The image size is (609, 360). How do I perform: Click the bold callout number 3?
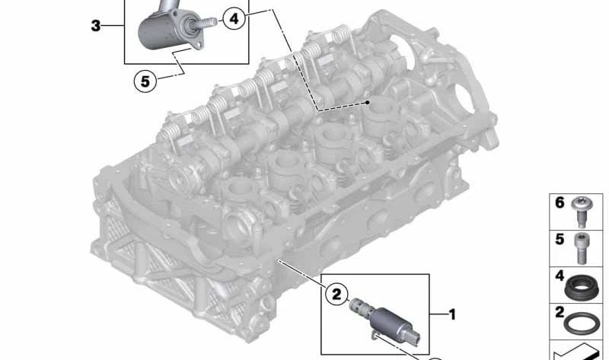click(95, 27)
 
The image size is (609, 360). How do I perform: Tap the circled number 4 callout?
click(234, 18)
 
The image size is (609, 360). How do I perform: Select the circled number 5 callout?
click(145, 78)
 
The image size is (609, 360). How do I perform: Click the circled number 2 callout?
click(335, 292)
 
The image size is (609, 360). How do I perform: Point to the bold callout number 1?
click(451, 314)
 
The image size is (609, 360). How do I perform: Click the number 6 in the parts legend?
click(559, 204)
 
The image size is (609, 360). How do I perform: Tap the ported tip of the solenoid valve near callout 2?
click(356, 309)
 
